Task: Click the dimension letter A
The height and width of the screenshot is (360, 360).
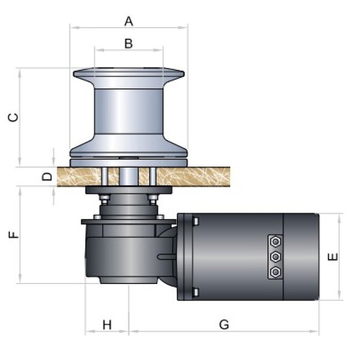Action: (x=128, y=22)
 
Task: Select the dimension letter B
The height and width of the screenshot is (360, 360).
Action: (x=128, y=43)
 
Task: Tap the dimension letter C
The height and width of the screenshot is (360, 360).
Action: (x=13, y=117)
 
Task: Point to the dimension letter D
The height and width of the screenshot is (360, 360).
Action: (x=47, y=177)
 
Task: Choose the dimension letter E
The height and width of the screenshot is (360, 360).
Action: (x=333, y=256)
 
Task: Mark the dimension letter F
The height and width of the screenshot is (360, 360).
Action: (x=13, y=235)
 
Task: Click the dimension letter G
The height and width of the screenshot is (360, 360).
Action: (x=224, y=325)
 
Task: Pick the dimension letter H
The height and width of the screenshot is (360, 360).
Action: (x=107, y=325)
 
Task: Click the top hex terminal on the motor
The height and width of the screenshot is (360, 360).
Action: (x=275, y=241)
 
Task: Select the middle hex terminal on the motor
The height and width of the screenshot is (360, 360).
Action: (x=275, y=256)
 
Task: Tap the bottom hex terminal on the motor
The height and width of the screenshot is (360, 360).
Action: (x=275, y=272)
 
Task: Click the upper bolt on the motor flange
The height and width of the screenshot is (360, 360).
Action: (x=196, y=221)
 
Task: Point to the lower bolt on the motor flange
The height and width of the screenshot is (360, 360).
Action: (x=196, y=292)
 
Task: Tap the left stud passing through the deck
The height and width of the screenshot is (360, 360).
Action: (x=105, y=177)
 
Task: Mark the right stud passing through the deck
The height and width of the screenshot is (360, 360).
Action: (x=153, y=177)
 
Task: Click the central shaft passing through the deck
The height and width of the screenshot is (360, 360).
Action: (x=128, y=177)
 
